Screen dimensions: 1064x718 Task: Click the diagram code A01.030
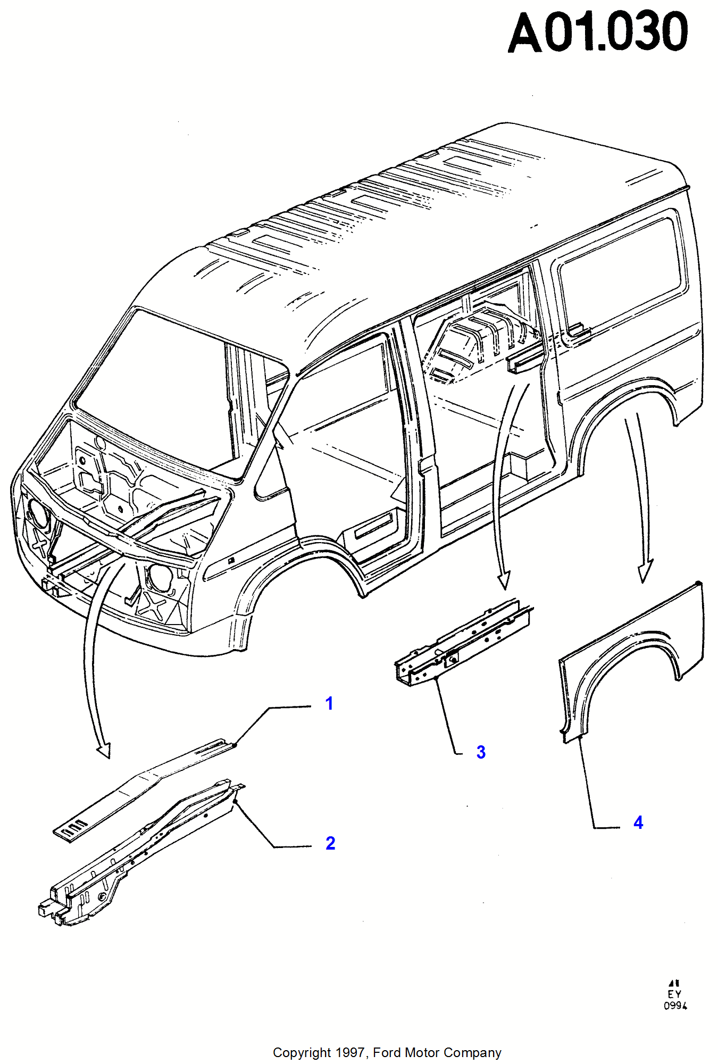(598, 33)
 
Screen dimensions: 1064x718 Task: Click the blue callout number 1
(329, 704)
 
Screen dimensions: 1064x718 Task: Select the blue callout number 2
(330, 843)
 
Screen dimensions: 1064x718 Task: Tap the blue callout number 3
(481, 752)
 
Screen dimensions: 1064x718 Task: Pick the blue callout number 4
(638, 823)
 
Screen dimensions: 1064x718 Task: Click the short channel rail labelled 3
(463, 644)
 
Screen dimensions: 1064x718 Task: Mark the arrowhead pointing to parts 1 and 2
(104, 750)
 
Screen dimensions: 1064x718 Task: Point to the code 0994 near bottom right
(675, 1005)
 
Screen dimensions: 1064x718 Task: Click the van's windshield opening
(160, 383)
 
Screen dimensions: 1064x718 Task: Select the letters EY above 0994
(674, 994)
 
